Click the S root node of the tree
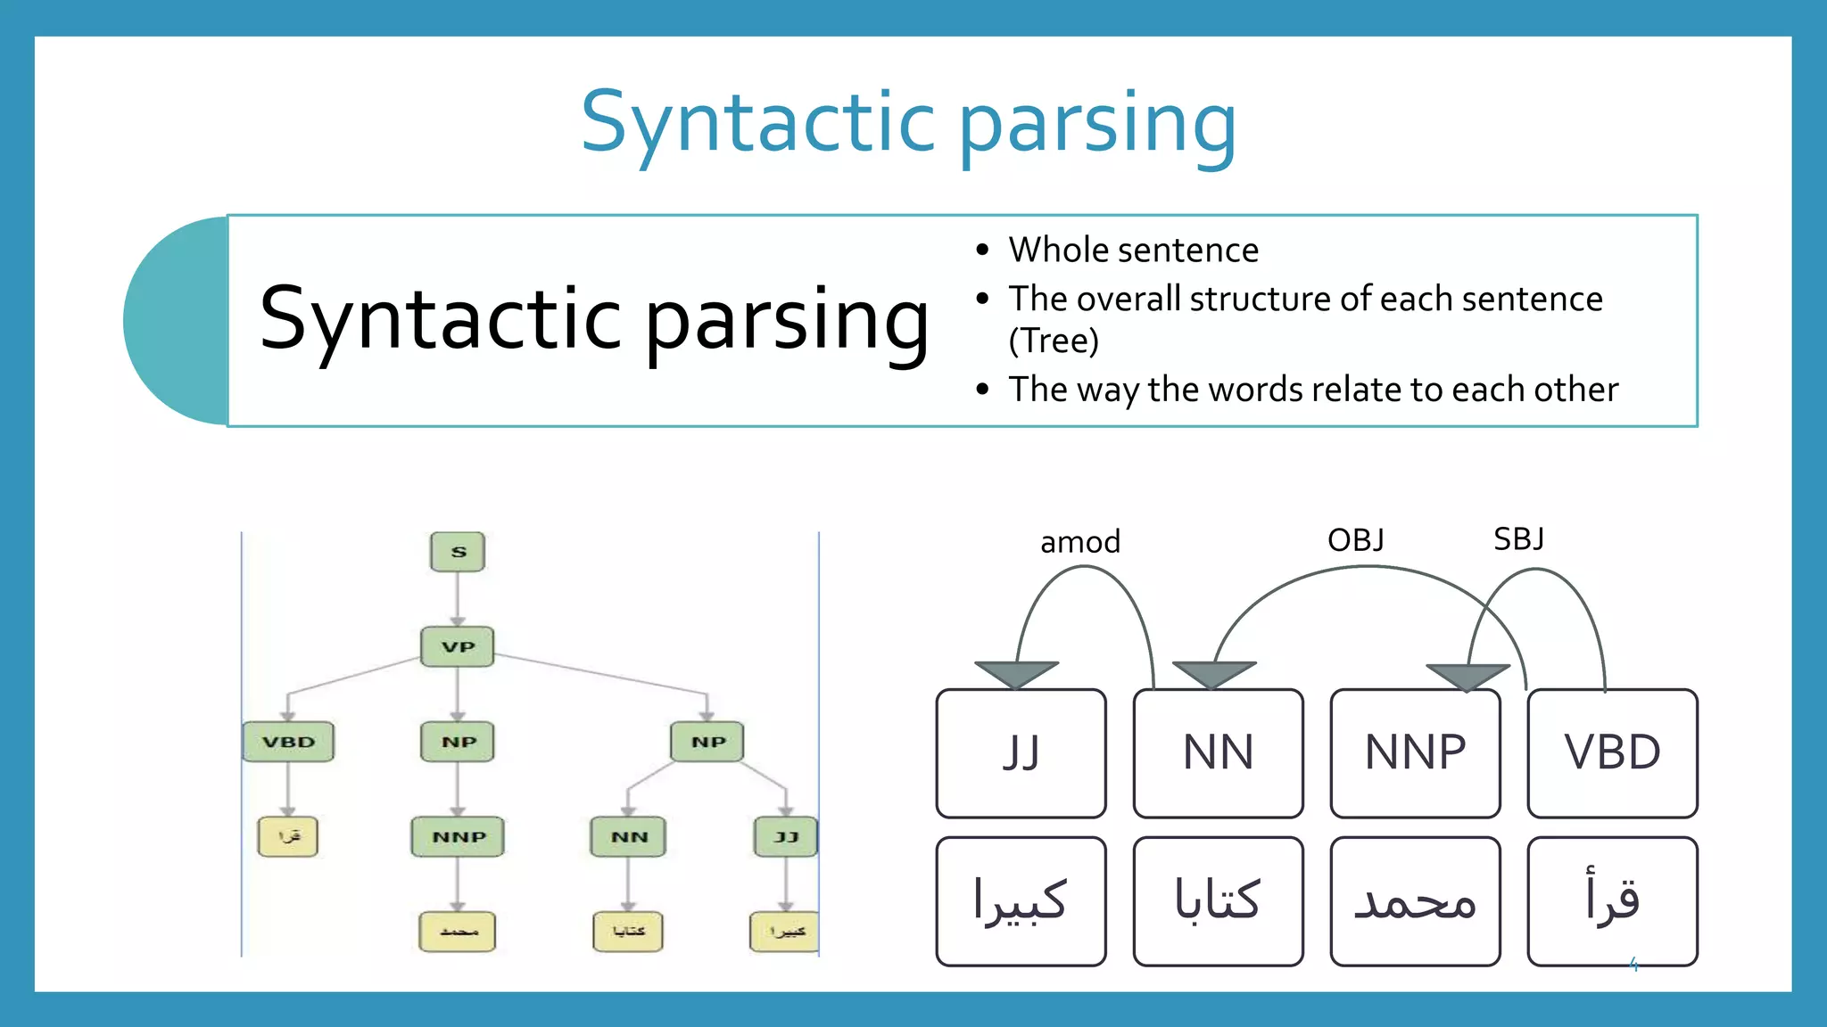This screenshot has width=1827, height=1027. [458, 552]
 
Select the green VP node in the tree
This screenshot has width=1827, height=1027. [458, 646]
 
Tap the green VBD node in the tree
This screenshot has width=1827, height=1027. [288, 742]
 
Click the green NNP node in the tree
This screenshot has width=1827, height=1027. [458, 837]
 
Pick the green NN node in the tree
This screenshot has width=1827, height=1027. [628, 837]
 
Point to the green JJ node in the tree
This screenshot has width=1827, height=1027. [785, 837]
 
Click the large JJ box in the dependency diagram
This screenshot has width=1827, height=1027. [1021, 753]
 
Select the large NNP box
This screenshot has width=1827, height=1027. [1415, 753]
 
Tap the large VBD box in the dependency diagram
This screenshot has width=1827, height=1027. [1612, 753]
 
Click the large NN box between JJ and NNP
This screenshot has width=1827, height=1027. [1218, 753]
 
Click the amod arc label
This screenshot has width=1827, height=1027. [1080, 542]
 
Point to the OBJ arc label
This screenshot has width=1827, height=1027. [1355, 540]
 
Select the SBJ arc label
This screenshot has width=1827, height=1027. [1518, 539]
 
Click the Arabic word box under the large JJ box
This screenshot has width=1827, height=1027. [1021, 900]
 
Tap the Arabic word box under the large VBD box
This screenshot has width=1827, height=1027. [1612, 900]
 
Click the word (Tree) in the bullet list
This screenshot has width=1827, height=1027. [1054, 341]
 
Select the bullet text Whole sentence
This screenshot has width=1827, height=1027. [1133, 251]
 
